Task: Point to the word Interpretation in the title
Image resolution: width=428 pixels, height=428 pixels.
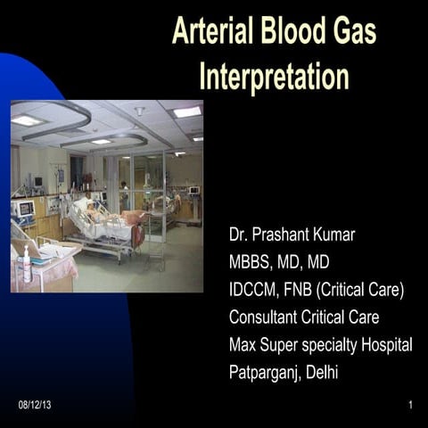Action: click(274, 76)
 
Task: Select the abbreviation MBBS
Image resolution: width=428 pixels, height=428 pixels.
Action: click(252, 263)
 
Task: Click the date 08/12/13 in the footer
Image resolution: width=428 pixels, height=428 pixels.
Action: click(34, 406)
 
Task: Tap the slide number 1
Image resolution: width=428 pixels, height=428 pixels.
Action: click(410, 406)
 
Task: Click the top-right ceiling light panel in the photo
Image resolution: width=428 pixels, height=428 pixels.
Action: click(187, 111)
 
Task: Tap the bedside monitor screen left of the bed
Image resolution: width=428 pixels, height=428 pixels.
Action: click(24, 209)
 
